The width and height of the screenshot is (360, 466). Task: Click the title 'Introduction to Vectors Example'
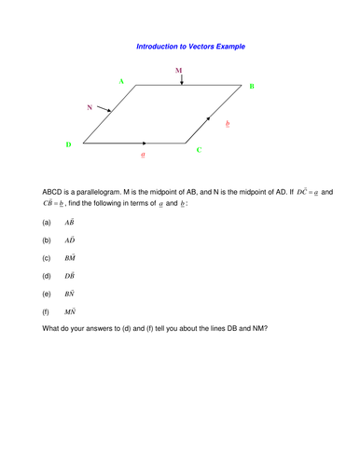coord(190,46)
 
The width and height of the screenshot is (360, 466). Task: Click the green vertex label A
coord(121,82)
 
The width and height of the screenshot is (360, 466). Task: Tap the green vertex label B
coord(251,87)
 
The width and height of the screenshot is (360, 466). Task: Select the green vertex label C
coord(199,149)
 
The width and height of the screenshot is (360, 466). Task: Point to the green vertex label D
coord(68,145)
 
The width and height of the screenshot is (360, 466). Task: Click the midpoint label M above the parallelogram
coord(179,70)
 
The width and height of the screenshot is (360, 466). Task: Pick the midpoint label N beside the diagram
coord(90,108)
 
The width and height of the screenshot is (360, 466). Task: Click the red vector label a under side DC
coord(143,154)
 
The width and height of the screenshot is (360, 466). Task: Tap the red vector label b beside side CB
coord(229,124)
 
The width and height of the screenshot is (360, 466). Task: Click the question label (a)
coord(47,224)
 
